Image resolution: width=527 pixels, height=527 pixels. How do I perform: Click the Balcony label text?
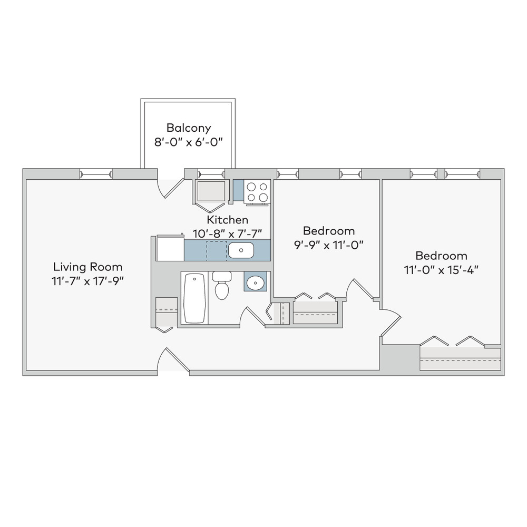(189, 128)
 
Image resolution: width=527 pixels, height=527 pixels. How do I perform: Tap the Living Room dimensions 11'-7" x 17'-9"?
(87, 281)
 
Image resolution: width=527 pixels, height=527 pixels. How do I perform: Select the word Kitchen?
(228, 220)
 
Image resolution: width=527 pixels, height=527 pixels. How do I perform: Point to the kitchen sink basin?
(241, 250)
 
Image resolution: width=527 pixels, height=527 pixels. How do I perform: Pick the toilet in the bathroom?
(222, 285)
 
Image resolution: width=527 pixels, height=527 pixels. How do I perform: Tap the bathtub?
(194, 298)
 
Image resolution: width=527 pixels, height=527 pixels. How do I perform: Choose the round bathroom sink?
(256, 282)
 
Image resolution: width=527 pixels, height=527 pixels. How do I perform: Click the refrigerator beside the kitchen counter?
(170, 248)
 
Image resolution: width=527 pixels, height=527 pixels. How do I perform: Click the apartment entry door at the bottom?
(173, 359)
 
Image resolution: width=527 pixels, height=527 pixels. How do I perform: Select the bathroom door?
(252, 316)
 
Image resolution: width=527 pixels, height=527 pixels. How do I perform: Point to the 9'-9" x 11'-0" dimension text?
(329, 245)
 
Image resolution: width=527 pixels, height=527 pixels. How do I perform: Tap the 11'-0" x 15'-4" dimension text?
(441, 270)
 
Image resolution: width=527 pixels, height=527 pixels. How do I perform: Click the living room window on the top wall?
(96, 174)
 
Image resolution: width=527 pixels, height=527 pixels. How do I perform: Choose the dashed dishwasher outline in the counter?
(217, 251)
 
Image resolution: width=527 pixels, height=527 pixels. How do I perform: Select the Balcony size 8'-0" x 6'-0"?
(189, 142)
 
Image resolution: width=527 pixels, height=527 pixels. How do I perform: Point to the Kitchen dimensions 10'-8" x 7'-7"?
(228, 233)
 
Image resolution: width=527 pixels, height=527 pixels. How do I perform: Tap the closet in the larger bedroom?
(461, 358)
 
